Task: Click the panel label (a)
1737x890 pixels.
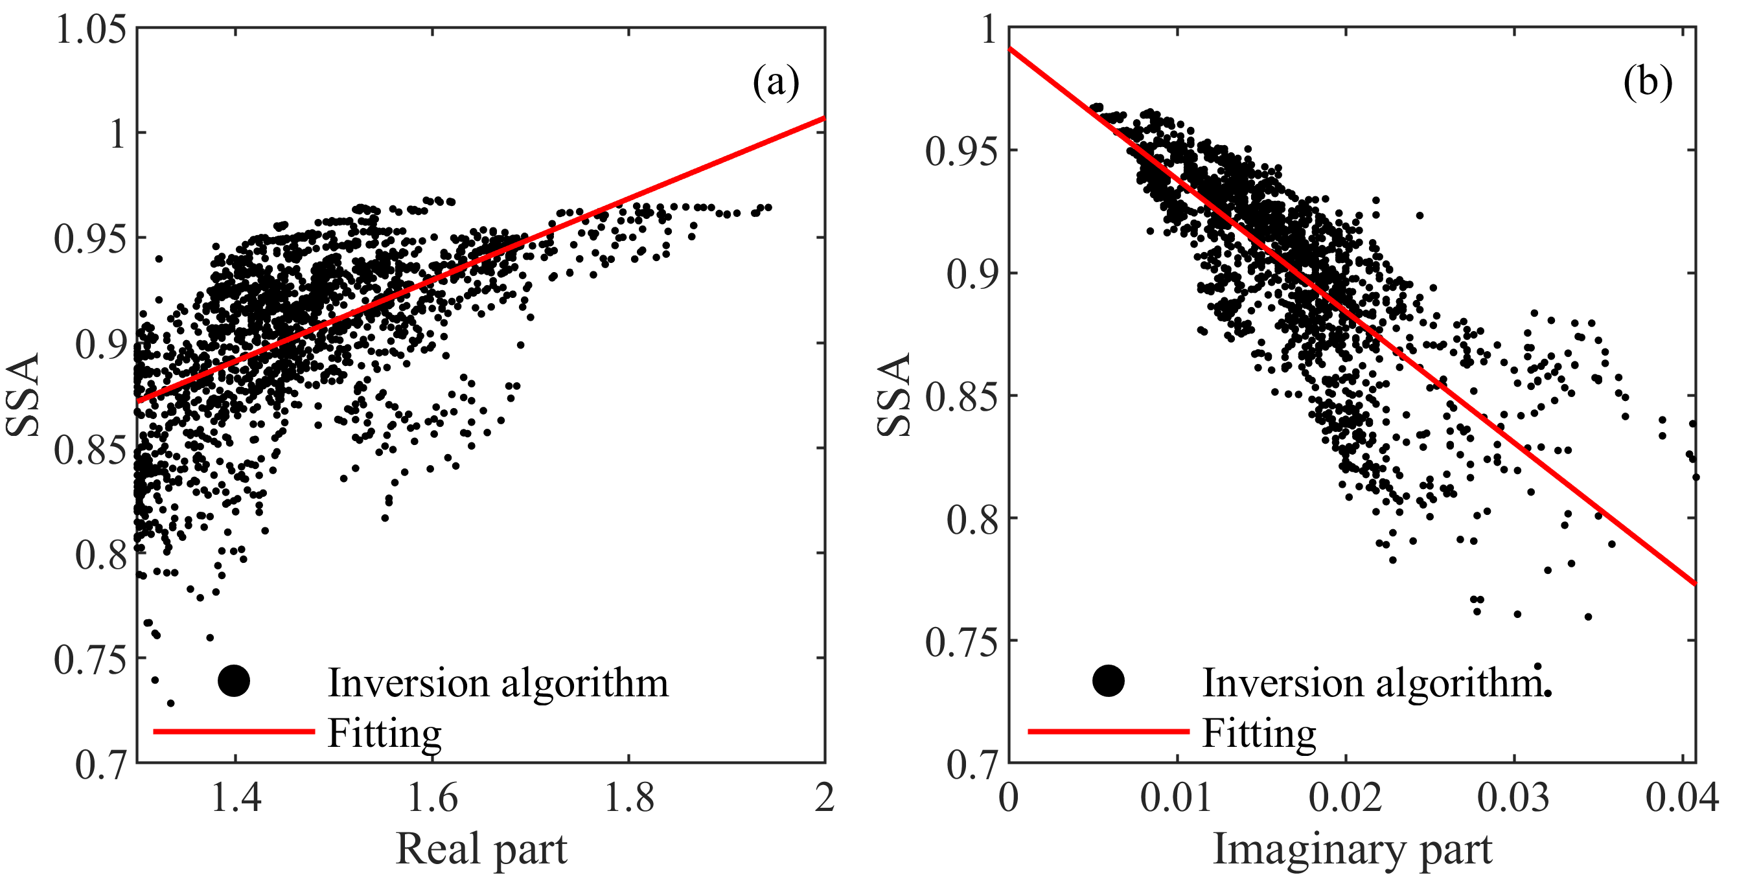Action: [x=776, y=83]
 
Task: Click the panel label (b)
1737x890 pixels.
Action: [x=1648, y=83]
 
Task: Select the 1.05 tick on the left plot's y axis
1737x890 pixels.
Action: [x=91, y=30]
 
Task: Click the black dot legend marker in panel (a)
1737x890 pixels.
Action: [x=234, y=681]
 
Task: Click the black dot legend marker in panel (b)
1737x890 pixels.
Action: [x=1108, y=681]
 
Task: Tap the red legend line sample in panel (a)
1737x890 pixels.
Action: [x=234, y=731]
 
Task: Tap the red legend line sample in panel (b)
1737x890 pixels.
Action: [x=1108, y=731]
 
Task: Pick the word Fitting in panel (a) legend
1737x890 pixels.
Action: [x=384, y=733]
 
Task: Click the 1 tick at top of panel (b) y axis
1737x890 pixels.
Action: [x=989, y=30]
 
